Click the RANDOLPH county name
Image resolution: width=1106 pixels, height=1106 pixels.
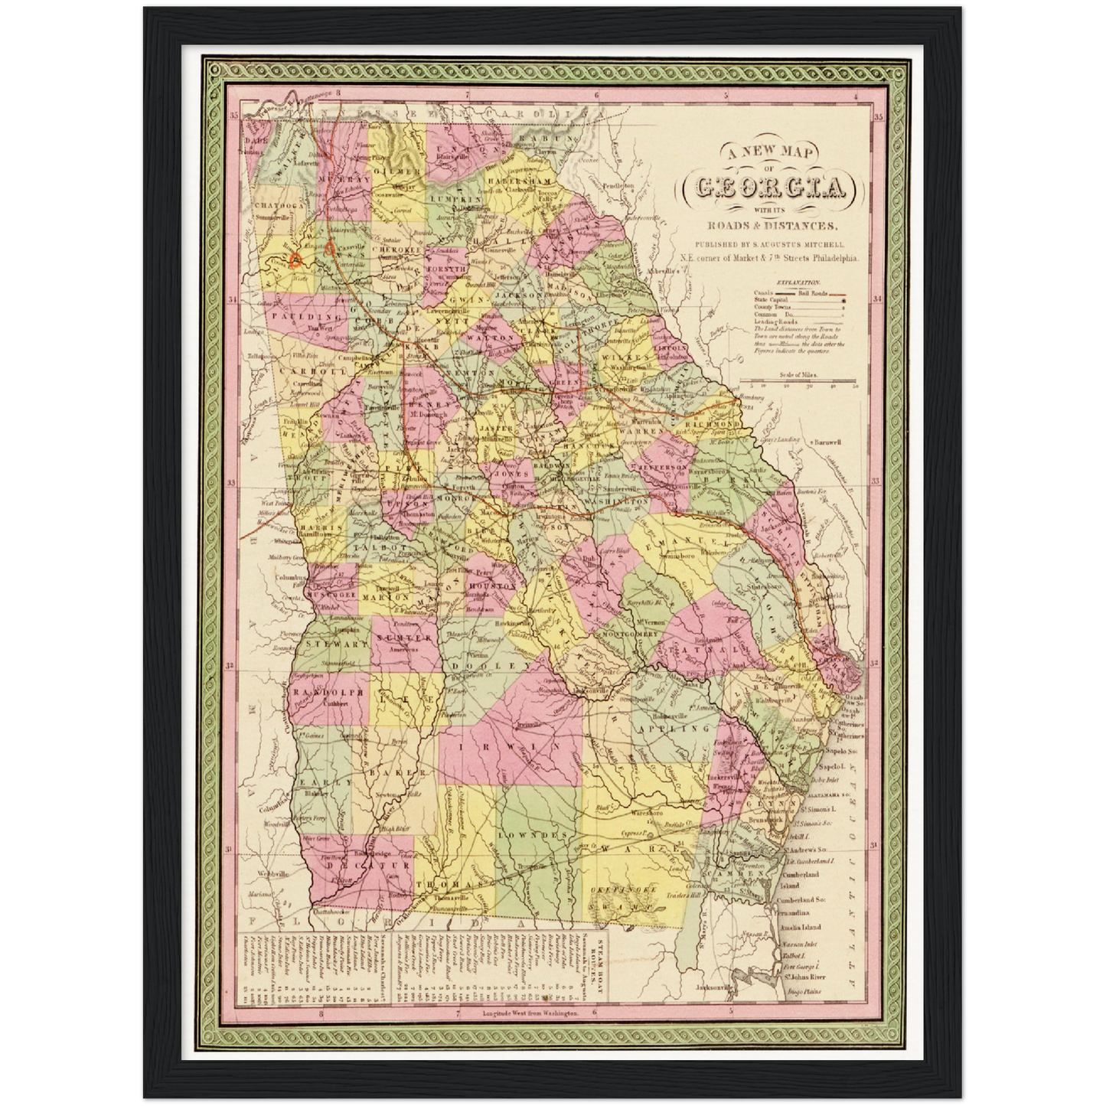pyautogui.click(x=326, y=691)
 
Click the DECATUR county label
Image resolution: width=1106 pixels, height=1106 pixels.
pyautogui.click(x=354, y=866)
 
